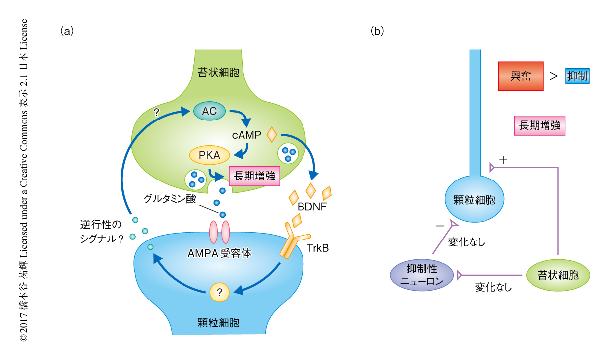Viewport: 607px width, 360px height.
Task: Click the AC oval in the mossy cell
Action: click(x=209, y=112)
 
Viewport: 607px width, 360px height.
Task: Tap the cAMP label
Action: click(x=246, y=134)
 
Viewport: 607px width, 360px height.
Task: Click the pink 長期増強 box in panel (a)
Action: click(x=254, y=175)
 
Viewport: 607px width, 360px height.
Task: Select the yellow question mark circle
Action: click(x=220, y=292)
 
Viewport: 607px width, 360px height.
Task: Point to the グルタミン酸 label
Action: click(x=170, y=200)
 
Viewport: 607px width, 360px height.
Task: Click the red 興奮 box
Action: click(x=521, y=76)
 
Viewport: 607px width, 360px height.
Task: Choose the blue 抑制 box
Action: click(x=578, y=76)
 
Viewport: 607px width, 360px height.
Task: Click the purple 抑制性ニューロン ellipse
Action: click(x=421, y=275)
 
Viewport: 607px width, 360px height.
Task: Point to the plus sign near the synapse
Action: click(x=504, y=160)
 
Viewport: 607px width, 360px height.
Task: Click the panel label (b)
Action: click(x=377, y=31)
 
